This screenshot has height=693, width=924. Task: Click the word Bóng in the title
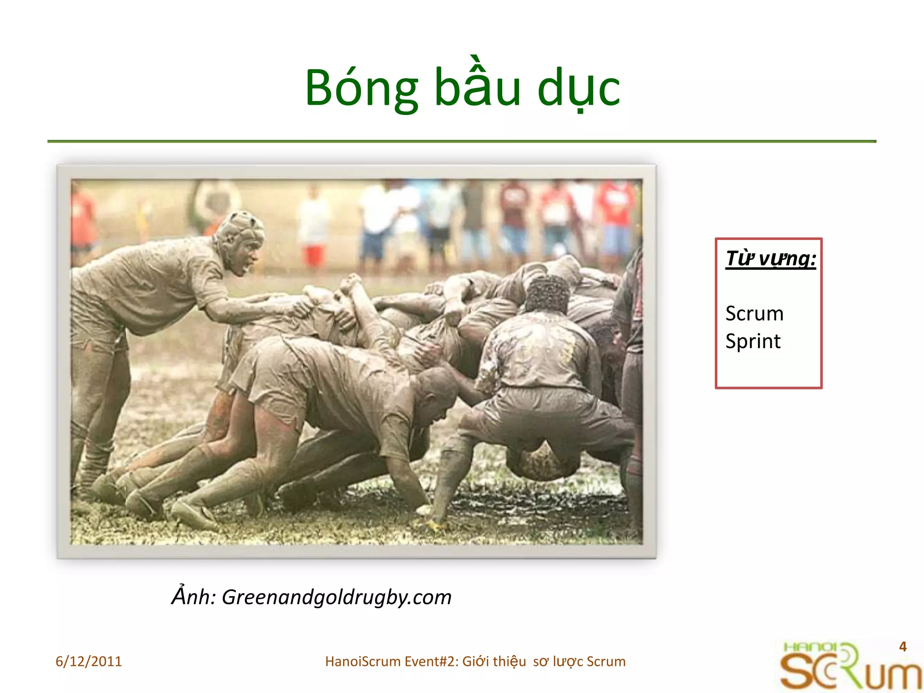coord(361,88)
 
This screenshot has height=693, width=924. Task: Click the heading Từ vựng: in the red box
coord(771,259)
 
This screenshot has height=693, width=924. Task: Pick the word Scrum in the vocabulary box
coord(754,314)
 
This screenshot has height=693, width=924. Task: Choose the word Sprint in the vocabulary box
coord(753,341)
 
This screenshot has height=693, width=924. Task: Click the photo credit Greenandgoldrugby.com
coord(337,597)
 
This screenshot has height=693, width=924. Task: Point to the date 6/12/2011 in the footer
coord(88,661)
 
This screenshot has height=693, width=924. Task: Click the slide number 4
coord(902,647)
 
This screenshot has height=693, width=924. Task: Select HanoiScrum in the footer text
coord(363,661)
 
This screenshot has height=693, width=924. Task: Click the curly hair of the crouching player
coord(548,294)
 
